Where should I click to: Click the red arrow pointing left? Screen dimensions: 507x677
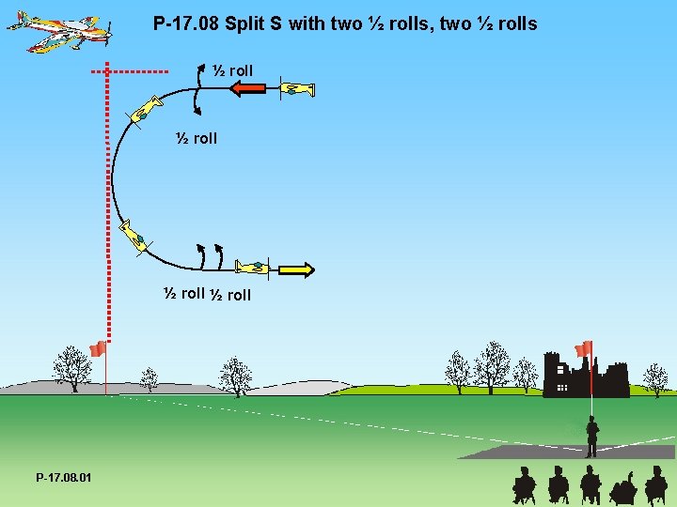(249, 89)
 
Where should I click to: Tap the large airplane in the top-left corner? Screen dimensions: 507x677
(60, 31)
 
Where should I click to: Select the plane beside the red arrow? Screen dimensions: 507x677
(297, 89)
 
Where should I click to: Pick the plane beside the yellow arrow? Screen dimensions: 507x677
(252, 268)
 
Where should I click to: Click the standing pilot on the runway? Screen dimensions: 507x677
(591, 438)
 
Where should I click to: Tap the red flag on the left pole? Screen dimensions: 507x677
(97, 349)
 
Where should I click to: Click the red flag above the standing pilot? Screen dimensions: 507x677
(584, 348)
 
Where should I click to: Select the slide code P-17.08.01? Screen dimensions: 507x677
(64, 478)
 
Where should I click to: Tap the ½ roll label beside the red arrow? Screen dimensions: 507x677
(232, 70)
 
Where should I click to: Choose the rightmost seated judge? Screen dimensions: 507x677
(655, 485)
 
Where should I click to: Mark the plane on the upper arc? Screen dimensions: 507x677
(144, 111)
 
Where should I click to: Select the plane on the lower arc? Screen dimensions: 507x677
(133, 236)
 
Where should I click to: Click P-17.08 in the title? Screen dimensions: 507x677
(186, 23)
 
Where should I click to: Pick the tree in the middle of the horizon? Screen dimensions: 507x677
(235, 376)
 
